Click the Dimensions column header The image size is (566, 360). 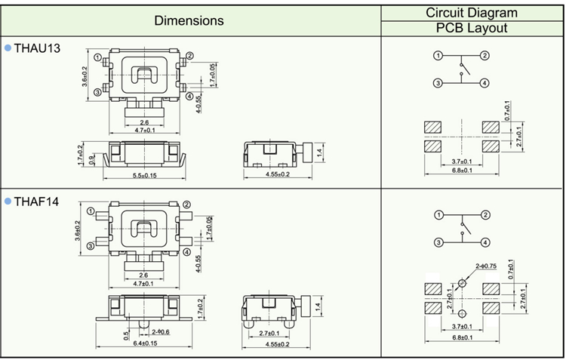pyautogui.click(x=189, y=20)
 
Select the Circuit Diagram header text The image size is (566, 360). pyautogui.click(x=472, y=12)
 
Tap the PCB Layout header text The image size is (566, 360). pyautogui.click(x=472, y=29)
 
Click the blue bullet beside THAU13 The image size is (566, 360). pyautogui.click(x=8, y=48)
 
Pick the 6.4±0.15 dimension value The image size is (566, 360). pyautogui.click(x=141, y=343)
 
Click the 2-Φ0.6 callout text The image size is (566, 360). pyautogui.click(x=160, y=332)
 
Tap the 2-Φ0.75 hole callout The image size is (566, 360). pyautogui.click(x=487, y=266)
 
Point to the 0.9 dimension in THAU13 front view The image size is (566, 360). pyautogui.click(x=91, y=158)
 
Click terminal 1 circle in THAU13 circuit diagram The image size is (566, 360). pyautogui.click(x=438, y=56)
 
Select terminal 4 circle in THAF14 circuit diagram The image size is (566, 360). pyautogui.click(x=485, y=242)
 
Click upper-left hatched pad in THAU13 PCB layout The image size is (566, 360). pyautogui.click(x=433, y=127)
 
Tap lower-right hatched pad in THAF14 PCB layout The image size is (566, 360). pyautogui.click(x=491, y=309)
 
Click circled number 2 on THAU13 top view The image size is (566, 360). pyautogui.click(x=189, y=56)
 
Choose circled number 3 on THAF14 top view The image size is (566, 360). pyautogui.click(x=91, y=245)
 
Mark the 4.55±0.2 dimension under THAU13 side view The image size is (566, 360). pyautogui.click(x=277, y=175)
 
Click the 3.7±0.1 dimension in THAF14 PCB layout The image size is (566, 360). pyautogui.click(x=461, y=325)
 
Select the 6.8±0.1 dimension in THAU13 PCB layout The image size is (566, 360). pyautogui.click(x=461, y=171)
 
